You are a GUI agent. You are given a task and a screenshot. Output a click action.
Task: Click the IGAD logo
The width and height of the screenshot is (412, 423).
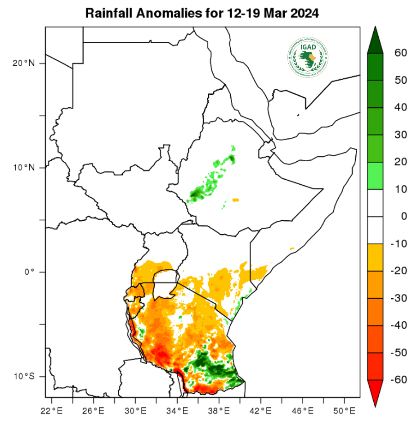pos(308,57)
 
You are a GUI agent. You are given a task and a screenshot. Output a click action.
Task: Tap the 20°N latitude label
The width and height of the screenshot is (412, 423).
pos(23,63)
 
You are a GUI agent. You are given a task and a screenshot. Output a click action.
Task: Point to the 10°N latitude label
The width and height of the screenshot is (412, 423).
pos(23,168)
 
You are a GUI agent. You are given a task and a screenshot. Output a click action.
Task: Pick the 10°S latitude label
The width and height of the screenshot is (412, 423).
pos(23,376)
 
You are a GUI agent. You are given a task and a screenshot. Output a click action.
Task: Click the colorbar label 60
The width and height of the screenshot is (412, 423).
pos(400,53)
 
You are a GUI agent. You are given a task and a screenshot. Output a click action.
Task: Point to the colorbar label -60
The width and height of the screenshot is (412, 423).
pos(399,380)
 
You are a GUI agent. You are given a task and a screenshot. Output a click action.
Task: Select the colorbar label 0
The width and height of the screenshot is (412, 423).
pos(403,216)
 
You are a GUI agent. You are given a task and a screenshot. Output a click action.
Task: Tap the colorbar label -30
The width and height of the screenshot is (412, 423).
pos(399,298)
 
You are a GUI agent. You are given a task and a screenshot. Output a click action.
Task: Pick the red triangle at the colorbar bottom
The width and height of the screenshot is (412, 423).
pos(375,392)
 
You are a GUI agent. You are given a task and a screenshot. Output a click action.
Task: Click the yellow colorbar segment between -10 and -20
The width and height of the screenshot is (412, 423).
pos(375,257)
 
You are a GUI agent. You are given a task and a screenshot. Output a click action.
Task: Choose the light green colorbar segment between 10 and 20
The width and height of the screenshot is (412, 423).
pos(375,176)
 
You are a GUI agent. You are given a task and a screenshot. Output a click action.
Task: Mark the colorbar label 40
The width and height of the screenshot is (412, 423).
pos(400,108)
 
